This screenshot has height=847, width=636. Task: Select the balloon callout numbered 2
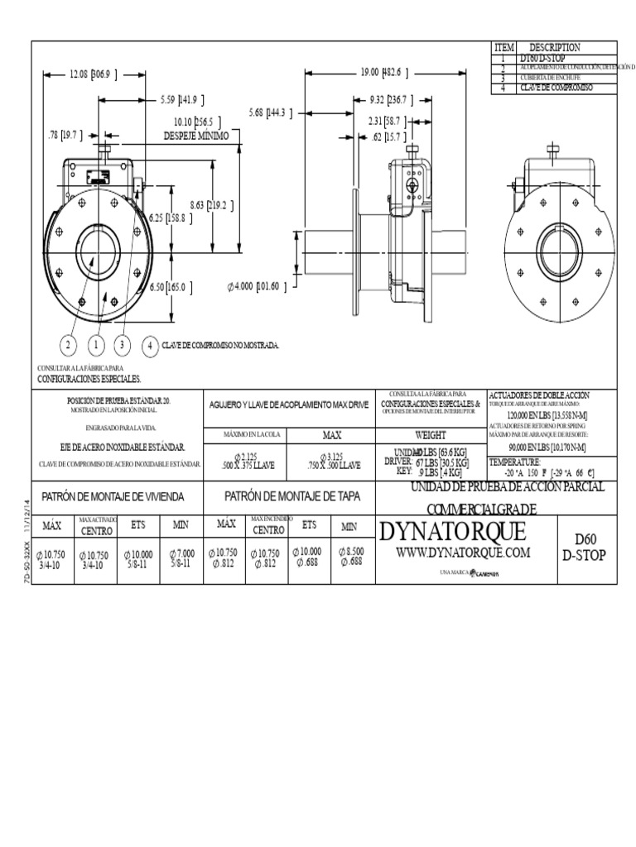69,344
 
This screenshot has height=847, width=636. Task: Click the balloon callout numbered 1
96,344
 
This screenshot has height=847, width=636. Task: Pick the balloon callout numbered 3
123,344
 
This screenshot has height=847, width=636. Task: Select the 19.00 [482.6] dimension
383,73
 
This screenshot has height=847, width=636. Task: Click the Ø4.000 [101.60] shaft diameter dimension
258,287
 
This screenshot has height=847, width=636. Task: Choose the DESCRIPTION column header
554,48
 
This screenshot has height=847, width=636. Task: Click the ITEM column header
504,48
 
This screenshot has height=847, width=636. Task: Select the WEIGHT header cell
430,435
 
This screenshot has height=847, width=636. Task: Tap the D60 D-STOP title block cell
584,546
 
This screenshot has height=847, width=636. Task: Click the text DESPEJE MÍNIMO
195,135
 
